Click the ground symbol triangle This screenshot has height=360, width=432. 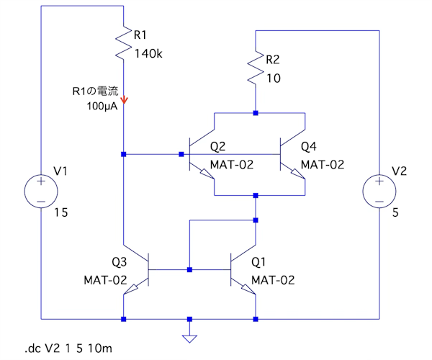[x=189, y=338]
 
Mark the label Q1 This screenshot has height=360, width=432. [x=259, y=261]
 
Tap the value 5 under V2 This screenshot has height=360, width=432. [x=394, y=213]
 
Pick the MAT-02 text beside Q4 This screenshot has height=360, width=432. [x=323, y=165]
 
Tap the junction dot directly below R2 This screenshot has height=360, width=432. [x=256, y=112]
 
